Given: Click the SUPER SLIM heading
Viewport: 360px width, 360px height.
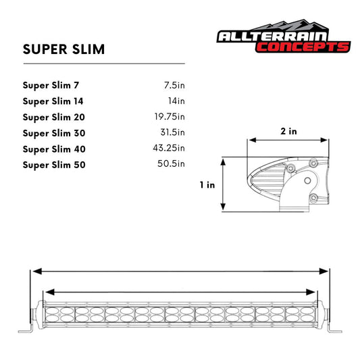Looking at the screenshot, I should coord(63,49).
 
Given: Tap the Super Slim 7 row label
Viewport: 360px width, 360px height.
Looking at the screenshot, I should coord(50,86).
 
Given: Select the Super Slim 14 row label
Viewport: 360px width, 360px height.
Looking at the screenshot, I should coord(53,101).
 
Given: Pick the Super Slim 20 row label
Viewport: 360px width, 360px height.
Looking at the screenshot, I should coord(53,117).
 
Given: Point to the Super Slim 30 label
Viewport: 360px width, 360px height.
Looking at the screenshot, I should coord(53,133).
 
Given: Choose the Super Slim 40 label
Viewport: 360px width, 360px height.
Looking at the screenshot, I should coord(54,149).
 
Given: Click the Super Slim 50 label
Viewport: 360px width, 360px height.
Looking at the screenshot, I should coord(54,164).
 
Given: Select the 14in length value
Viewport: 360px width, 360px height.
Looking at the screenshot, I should coord(176,101).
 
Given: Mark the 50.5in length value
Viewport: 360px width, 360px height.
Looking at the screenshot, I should coord(172,164).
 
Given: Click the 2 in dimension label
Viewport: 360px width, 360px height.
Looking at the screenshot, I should coord(288,131).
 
